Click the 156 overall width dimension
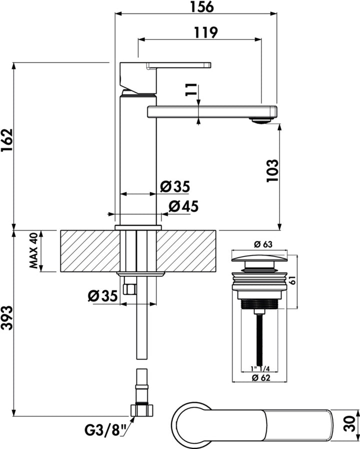tap(202, 7)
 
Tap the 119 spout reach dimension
tap(206, 32)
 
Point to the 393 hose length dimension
tap(7, 318)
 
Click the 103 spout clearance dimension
tap(272, 170)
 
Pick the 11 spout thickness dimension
tap(191, 89)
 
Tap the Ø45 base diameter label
tap(183, 206)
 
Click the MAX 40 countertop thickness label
tap(34, 250)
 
